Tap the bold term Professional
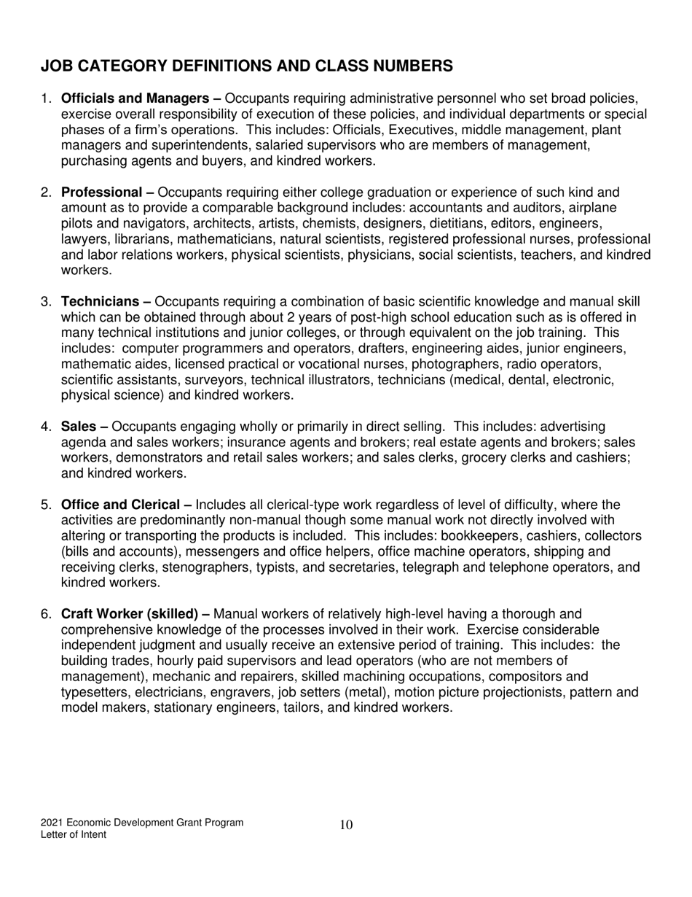click(102, 193)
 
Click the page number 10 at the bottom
click(346, 825)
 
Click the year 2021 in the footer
click(53, 823)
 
